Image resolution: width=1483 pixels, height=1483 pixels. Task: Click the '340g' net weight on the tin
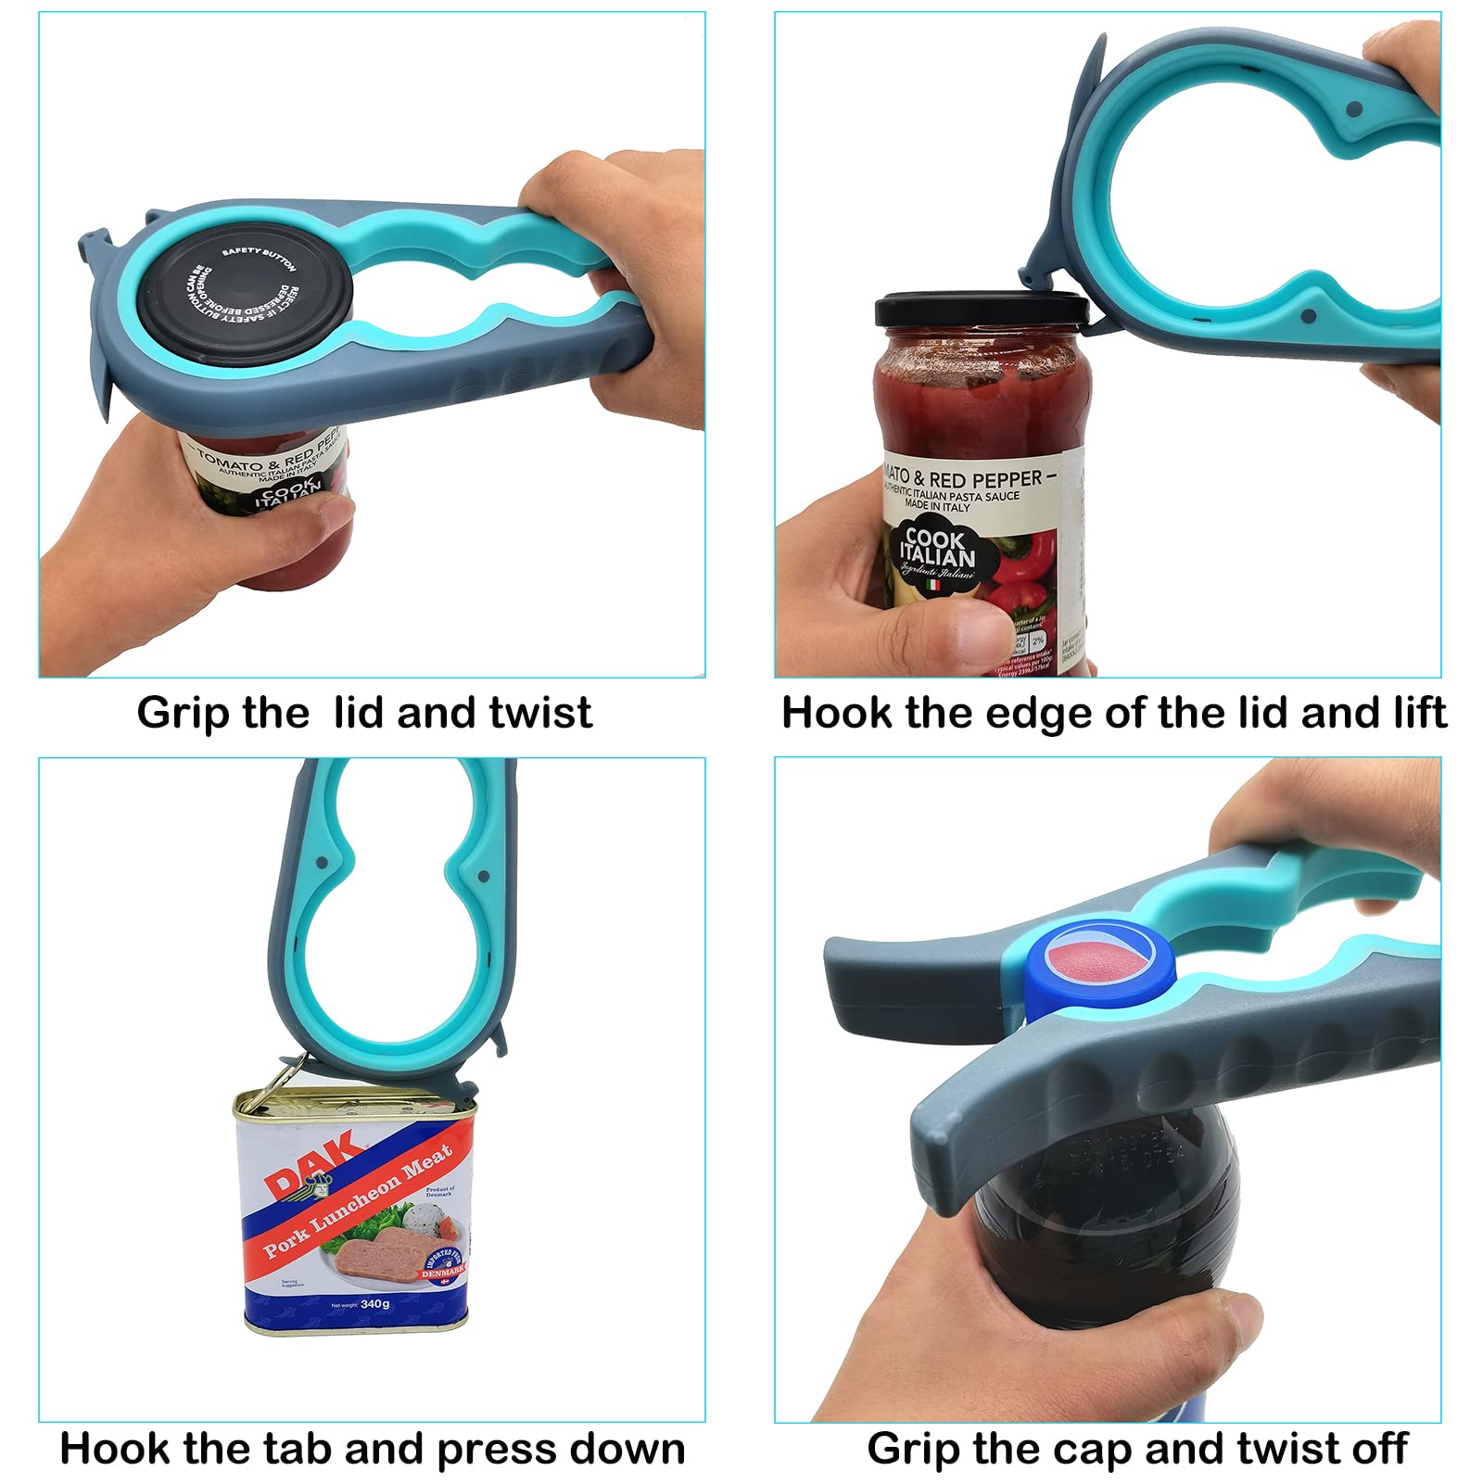click(375, 1303)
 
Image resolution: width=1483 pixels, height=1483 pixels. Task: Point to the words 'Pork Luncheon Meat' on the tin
click(357, 1201)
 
